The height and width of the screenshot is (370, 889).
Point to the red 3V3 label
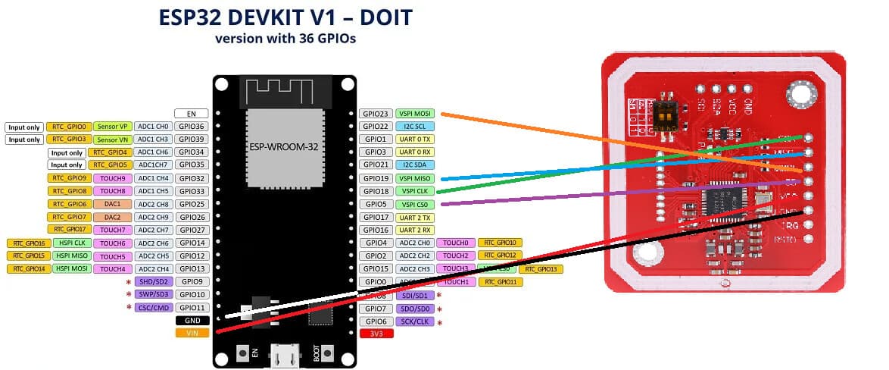376,333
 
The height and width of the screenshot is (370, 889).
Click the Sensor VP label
112,127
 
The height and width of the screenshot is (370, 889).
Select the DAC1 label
112,204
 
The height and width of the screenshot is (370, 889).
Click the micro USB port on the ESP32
286,356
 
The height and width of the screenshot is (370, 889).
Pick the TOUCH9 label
112,178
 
